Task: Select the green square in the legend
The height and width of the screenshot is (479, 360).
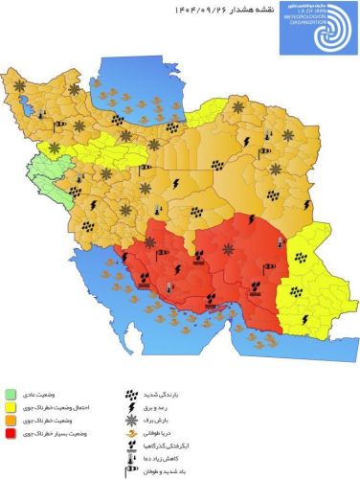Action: [x=10, y=394]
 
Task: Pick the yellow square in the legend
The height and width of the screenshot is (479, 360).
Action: [x=10, y=407]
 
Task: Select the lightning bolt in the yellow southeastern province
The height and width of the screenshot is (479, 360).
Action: [x=304, y=317]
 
